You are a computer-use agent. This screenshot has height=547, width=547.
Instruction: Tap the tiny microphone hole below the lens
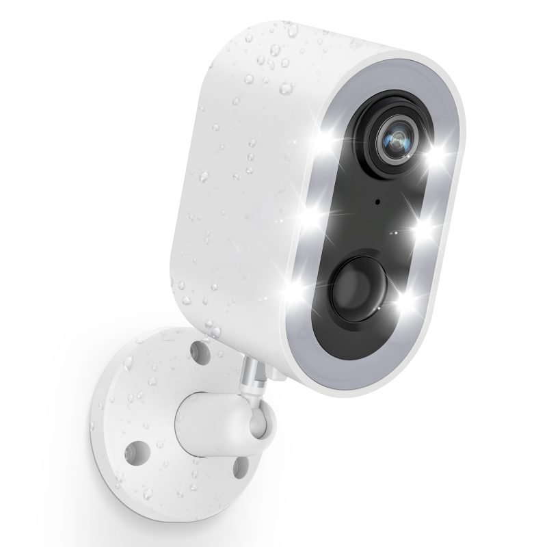click(x=377, y=203)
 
